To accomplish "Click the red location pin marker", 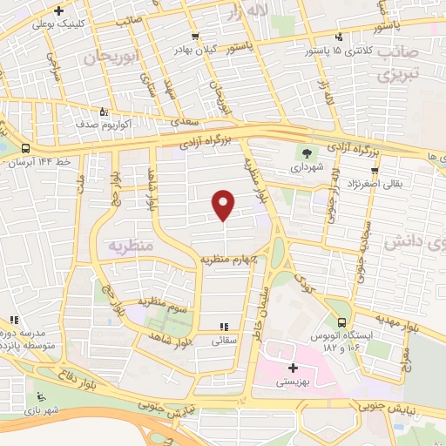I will click(x=224, y=205).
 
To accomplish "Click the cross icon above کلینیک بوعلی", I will click(x=57, y=11).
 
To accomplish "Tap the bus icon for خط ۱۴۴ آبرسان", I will click(x=25, y=148).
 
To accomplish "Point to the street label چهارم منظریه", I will click(x=233, y=259).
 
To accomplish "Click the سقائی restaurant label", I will click(x=224, y=341).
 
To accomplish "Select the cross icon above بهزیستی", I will click(x=294, y=368).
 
